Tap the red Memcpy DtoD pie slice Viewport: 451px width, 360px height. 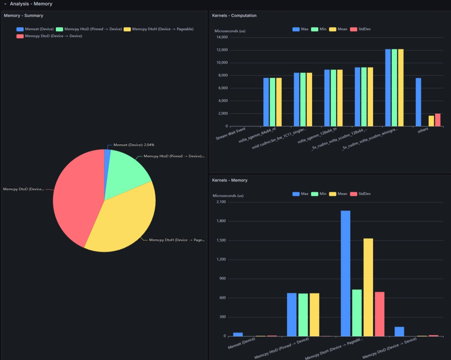pos(76,196)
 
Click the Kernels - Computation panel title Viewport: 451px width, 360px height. pos(234,16)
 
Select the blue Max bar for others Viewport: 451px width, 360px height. pos(418,102)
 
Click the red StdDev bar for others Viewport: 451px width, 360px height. pos(438,120)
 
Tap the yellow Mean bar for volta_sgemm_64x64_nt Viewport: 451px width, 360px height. pos(279,102)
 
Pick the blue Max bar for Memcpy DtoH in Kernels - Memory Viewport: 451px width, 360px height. pos(346,274)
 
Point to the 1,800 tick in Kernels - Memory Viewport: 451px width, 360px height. pos(221,221)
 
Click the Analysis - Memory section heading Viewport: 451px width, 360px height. pos(31,4)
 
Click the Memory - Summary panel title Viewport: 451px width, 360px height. pos(23,16)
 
